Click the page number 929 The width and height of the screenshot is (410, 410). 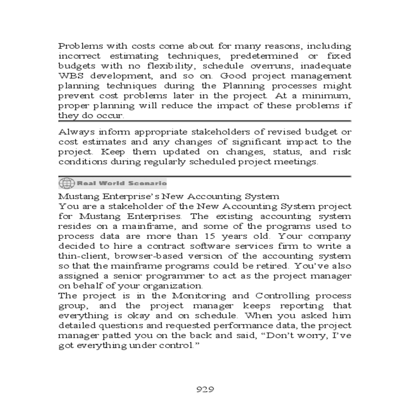pyautogui.click(x=205, y=389)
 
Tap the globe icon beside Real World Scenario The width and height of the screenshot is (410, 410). pyautogui.click(x=66, y=183)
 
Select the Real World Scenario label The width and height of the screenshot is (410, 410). pyautogui.click(x=122, y=183)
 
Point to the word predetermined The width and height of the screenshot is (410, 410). pyautogui.click(x=264, y=56)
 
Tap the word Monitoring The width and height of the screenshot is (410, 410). pyautogui.click(x=199, y=296)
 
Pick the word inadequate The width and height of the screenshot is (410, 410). pyautogui.click(x=326, y=66)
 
